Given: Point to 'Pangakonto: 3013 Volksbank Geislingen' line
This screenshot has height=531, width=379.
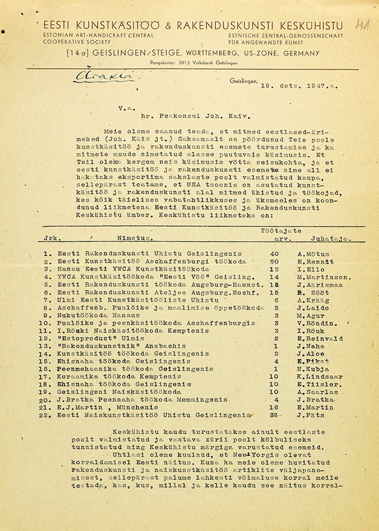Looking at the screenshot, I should [194, 62].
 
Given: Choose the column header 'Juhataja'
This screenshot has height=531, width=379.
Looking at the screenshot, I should [329, 238].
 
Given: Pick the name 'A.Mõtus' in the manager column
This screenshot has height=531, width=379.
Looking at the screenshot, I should [313, 254].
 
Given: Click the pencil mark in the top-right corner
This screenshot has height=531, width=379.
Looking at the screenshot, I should [363, 26].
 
